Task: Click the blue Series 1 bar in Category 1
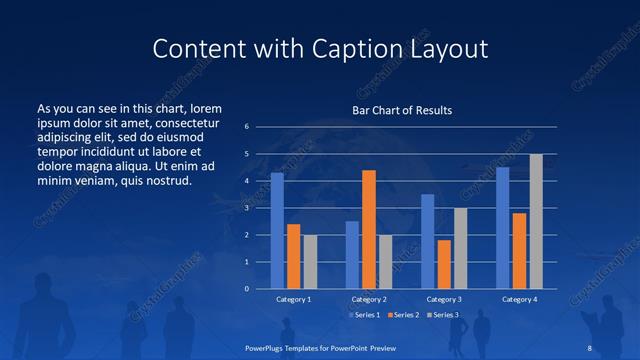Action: coord(277,231)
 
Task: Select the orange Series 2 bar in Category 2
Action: coord(369,229)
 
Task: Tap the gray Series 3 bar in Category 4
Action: coord(536,221)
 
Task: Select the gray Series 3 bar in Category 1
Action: coord(310,261)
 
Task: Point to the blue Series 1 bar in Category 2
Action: coord(352,255)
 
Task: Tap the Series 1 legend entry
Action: coord(365,315)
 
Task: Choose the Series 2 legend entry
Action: coord(402,315)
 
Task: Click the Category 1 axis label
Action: coord(293,299)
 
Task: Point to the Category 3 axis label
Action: coord(444,299)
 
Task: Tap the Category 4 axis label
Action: coord(519,299)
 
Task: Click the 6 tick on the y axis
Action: coord(246,127)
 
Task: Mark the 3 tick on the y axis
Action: coord(246,208)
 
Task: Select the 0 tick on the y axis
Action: coord(246,289)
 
